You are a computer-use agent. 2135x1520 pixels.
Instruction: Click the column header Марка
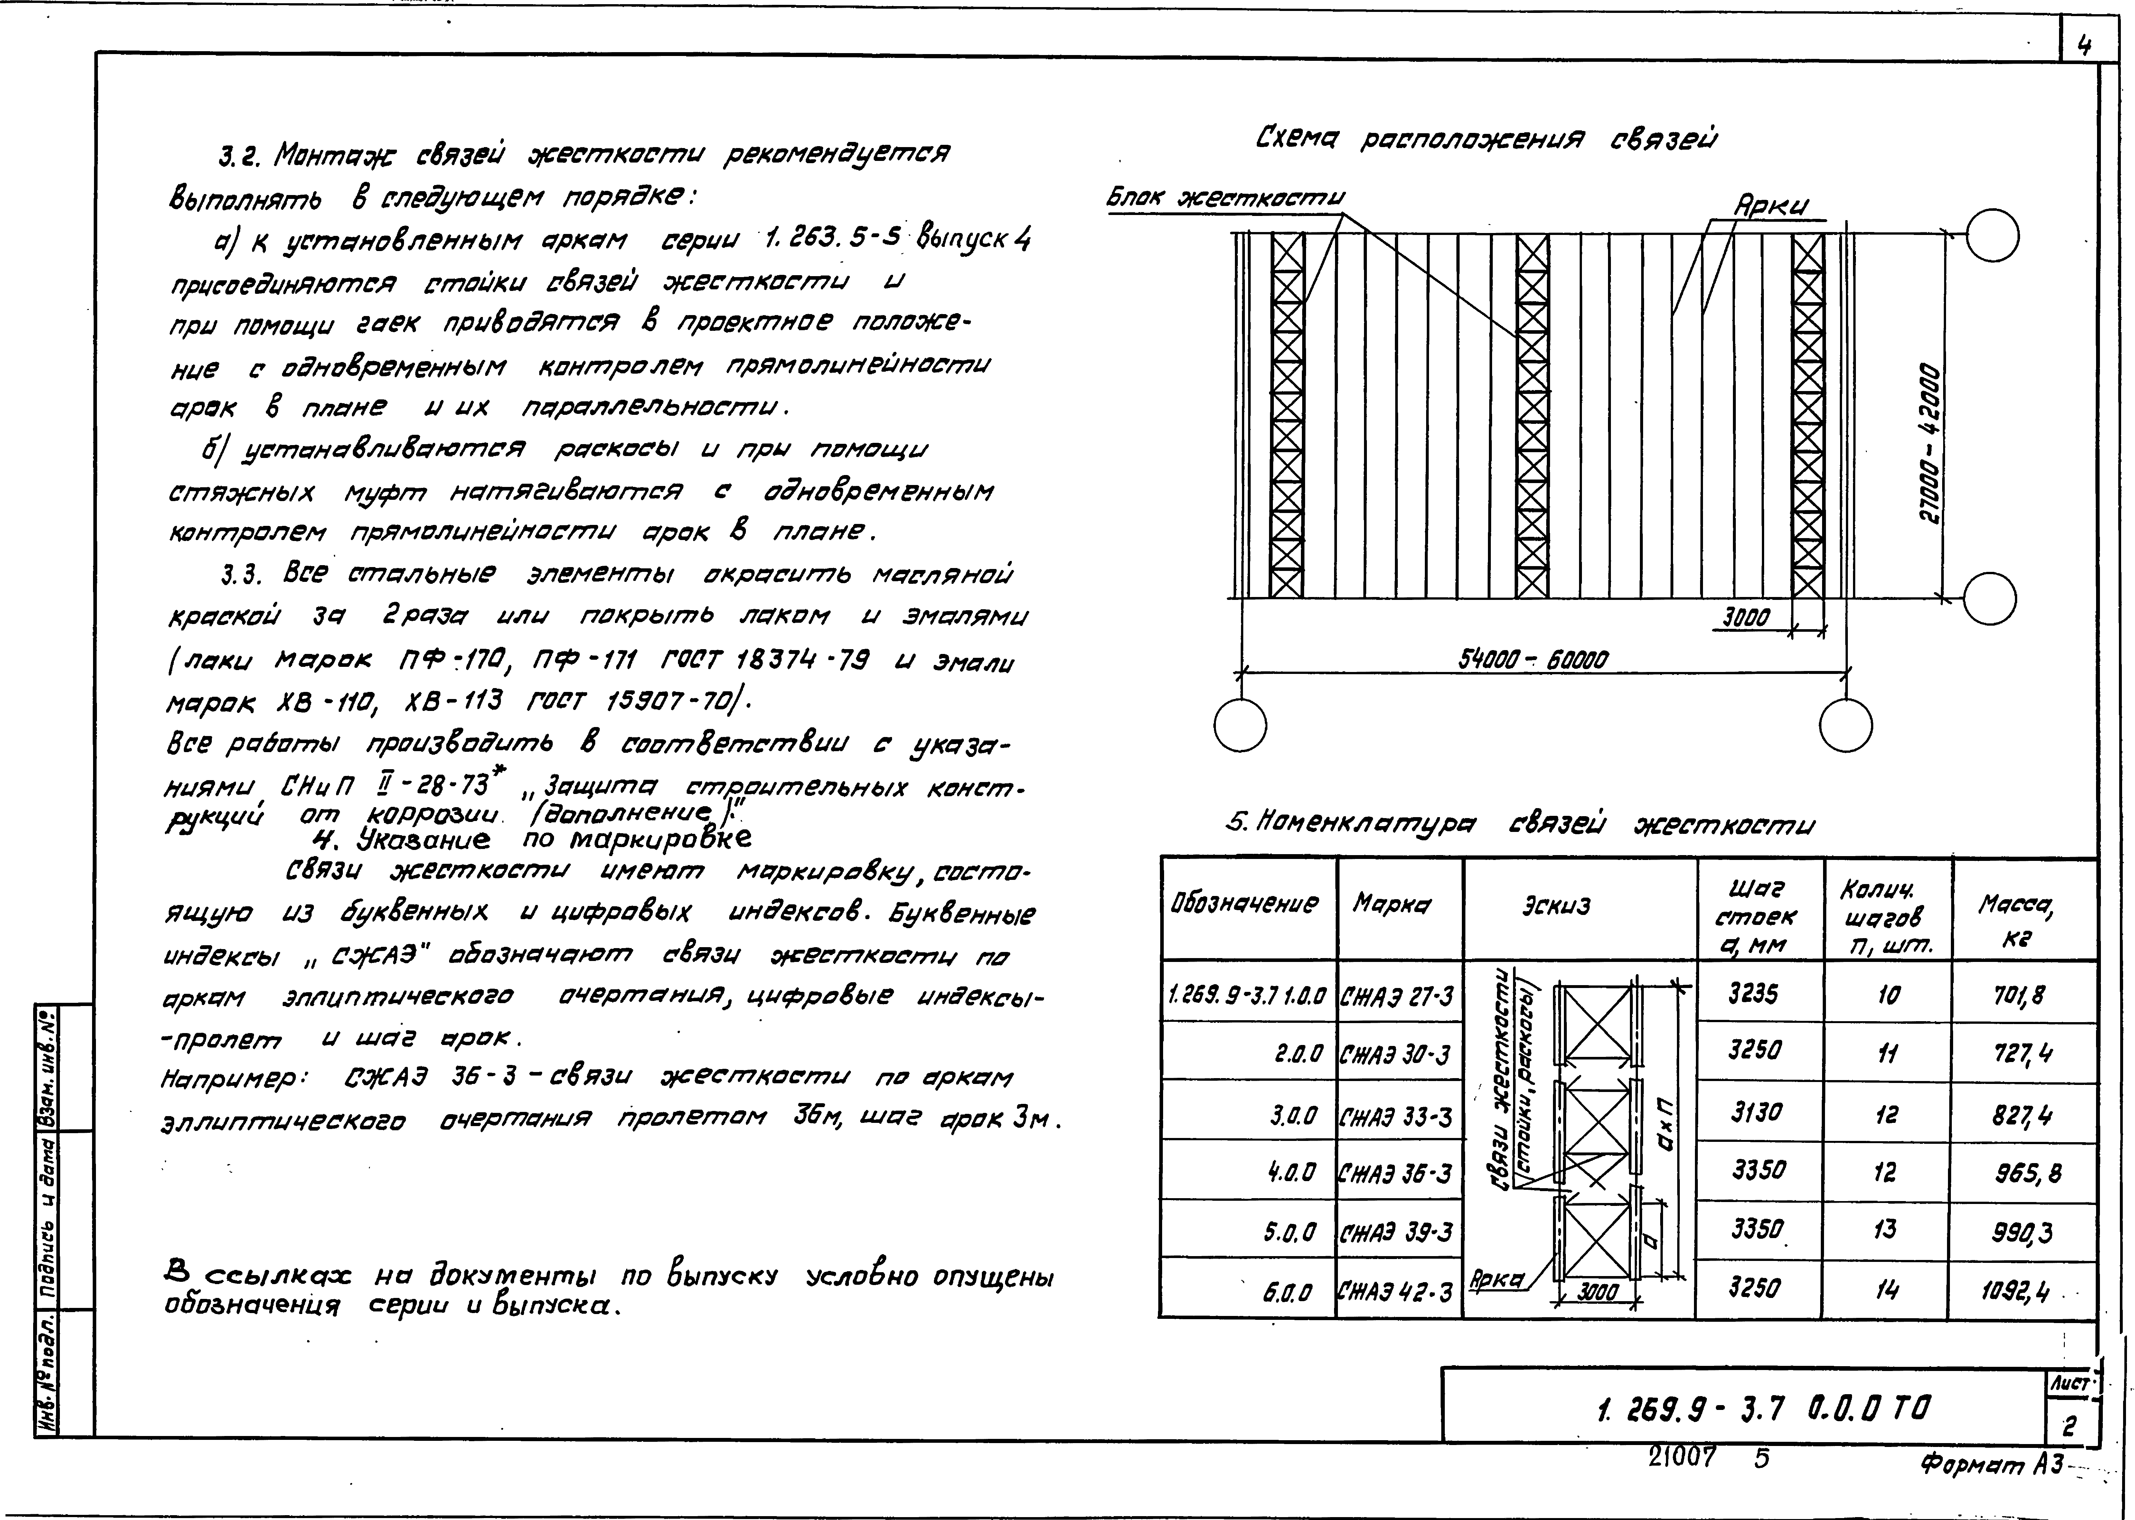coord(1390,904)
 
